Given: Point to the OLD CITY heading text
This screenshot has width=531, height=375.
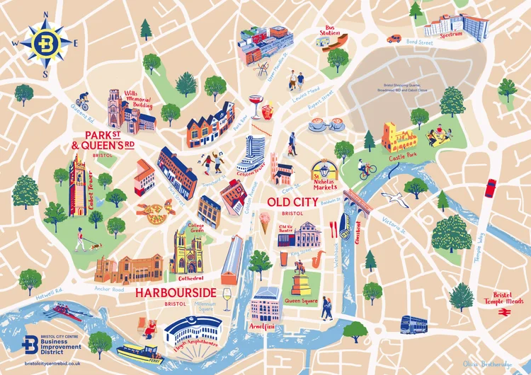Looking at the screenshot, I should pos(290,202).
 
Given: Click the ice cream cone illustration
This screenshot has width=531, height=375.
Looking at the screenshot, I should pos(264,225).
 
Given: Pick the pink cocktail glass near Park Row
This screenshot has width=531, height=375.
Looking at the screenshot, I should pos(255,103).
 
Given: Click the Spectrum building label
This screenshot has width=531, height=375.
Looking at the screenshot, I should pos(452,33).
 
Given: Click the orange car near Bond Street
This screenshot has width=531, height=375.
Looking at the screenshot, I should pos(394,39).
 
